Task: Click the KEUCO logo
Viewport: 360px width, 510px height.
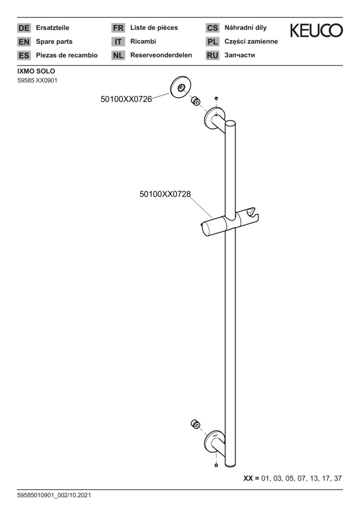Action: click(317, 30)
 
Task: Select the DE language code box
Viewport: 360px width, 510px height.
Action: click(24, 28)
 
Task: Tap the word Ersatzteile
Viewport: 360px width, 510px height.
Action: click(53, 28)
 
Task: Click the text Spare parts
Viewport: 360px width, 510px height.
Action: click(54, 42)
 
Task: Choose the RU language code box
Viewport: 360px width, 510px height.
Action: click(212, 55)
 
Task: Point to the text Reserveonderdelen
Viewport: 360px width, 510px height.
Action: click(161, 55)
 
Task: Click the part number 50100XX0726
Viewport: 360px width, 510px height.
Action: click(126, 99)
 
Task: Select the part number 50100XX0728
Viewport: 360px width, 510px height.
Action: click(165, 194)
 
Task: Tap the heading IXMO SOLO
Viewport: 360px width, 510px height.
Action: click(36, 71)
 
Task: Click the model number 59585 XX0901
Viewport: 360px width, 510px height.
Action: click(37, 80)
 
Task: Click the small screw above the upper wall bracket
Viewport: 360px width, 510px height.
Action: click(216, 98)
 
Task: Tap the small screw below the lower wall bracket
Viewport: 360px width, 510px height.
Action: click(217, 466)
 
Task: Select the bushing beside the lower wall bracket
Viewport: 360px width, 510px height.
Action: click(195, 425)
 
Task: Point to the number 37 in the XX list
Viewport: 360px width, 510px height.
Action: click(337, 478)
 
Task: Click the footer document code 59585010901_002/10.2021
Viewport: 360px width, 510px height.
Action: click(54, 495)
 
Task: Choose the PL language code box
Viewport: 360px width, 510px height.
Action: click(212, 42)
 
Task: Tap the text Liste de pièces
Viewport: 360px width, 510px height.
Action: click(154, 28)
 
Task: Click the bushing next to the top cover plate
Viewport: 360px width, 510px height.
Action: click(195, 101)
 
